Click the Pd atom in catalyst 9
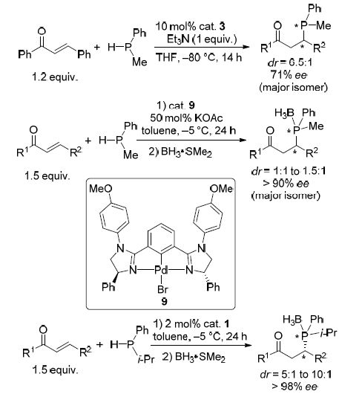(x=161, y=270)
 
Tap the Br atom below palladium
(x=162, y=288)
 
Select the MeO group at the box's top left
(x=101, y=189)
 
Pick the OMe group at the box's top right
(x=222, y=189)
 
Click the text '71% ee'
(x=289, y=74)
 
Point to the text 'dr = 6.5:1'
(x=290, y=62)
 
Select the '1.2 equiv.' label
(x=55, y=77)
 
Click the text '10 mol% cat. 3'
(x=190, y=26)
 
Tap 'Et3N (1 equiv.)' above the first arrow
(x=202, y=39)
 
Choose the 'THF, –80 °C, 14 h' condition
(x=199, y=57)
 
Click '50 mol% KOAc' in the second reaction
(x=186, y=117)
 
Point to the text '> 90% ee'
(x=286, y=184)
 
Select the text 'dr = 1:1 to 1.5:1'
(x=289, y=171)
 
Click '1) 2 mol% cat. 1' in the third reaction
(x=191, y=324)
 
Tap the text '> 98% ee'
(x=294, y=387)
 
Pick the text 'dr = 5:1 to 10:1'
(x=296, y=374)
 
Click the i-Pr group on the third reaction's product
(x=329, y=332)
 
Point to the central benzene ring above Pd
(x=161, y=238)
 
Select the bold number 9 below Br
(x=164, y=301)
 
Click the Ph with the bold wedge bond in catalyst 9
(x=108, y=287)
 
